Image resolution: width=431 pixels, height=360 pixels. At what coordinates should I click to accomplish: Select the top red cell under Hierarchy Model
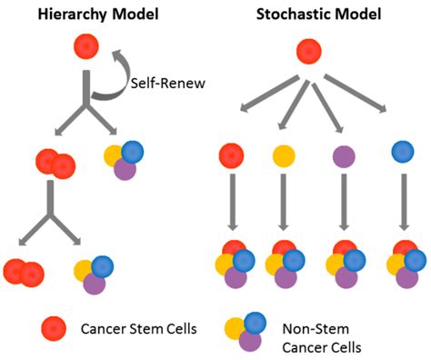pos(86,45)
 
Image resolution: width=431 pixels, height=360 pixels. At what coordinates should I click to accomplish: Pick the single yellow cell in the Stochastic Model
pos(284,154)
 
